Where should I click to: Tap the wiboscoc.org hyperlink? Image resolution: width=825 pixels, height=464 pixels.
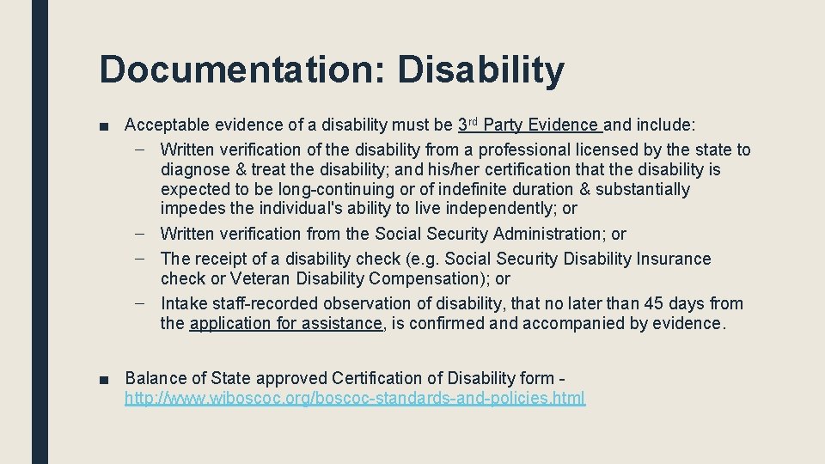pos(355,398)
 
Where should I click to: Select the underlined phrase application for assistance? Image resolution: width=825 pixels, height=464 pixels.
pos(286,323)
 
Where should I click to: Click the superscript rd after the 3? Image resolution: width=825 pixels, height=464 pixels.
pos(472,121)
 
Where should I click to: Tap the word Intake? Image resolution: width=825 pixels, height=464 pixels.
pos(182,303)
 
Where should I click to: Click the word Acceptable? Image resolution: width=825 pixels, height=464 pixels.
pos(167,125)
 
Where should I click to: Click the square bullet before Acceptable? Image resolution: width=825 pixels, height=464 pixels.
pos(105,126)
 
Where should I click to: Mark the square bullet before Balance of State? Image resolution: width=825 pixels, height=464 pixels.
pos(105,379)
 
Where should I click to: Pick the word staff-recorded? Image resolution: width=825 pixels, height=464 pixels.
pos(267,303)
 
